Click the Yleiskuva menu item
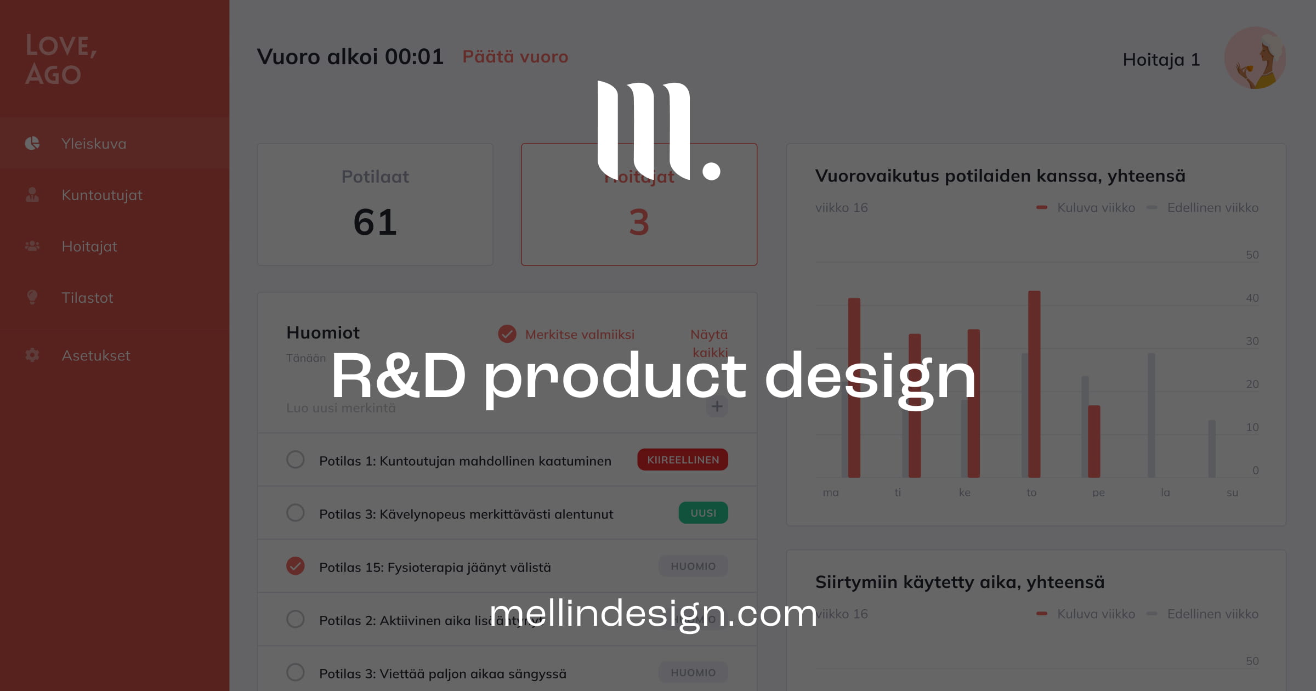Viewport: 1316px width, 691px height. [93, 144]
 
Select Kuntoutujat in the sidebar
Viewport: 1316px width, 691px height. [101, 195]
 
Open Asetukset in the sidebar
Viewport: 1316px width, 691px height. [95, 355]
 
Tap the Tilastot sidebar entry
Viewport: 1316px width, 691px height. [87, 298]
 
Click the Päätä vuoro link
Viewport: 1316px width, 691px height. [515, 57]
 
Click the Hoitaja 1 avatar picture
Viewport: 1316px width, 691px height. [1255, 58]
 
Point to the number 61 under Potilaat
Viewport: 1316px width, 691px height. [375, 223]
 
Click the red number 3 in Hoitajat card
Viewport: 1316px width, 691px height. [639, 223]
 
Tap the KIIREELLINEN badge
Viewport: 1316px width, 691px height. [683, 460]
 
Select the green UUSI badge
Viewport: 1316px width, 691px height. [703, 513]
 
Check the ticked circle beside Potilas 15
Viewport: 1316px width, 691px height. [296, 566]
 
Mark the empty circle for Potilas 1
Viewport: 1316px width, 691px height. [296, 460]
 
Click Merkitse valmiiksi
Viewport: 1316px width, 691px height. [579, 335]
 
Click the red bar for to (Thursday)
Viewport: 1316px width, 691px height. [1034, 384]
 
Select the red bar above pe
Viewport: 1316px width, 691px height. [1094, 441]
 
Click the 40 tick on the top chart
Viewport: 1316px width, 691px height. [1252, 298]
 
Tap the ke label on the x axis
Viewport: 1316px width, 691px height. [965, 492]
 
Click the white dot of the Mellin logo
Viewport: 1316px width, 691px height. [711, 171]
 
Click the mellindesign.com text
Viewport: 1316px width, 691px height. [653, 613]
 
